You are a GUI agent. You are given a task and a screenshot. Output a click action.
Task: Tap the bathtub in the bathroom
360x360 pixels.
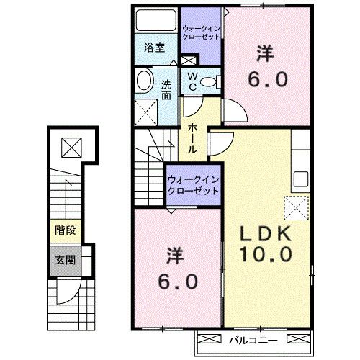156,20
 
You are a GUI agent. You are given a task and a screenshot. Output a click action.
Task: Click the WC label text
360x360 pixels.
193,80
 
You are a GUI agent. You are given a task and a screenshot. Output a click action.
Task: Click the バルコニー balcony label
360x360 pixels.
249,338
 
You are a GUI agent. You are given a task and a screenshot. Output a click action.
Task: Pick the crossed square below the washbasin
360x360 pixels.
148,111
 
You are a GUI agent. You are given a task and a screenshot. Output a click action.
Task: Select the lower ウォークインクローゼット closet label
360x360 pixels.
193,184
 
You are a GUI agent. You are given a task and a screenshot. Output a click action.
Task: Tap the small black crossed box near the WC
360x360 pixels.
189,61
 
